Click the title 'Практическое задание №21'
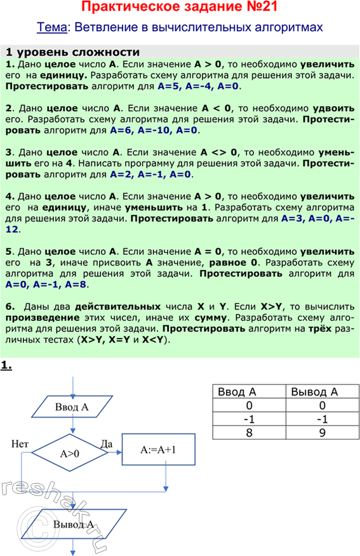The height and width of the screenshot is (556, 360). coord(180,8)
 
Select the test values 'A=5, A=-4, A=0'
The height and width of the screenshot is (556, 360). coord(199,85)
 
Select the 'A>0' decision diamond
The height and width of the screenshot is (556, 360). coord(70,454)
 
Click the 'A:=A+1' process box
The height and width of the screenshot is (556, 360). coord(158,450)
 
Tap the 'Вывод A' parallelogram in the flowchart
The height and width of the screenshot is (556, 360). coord(74,525)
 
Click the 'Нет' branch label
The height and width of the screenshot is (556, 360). coord(20,444)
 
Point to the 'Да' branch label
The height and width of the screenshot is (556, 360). coord(107,443)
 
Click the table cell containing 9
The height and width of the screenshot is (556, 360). coord(323,433)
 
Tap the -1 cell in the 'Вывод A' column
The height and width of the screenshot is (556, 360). coord(323,419)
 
